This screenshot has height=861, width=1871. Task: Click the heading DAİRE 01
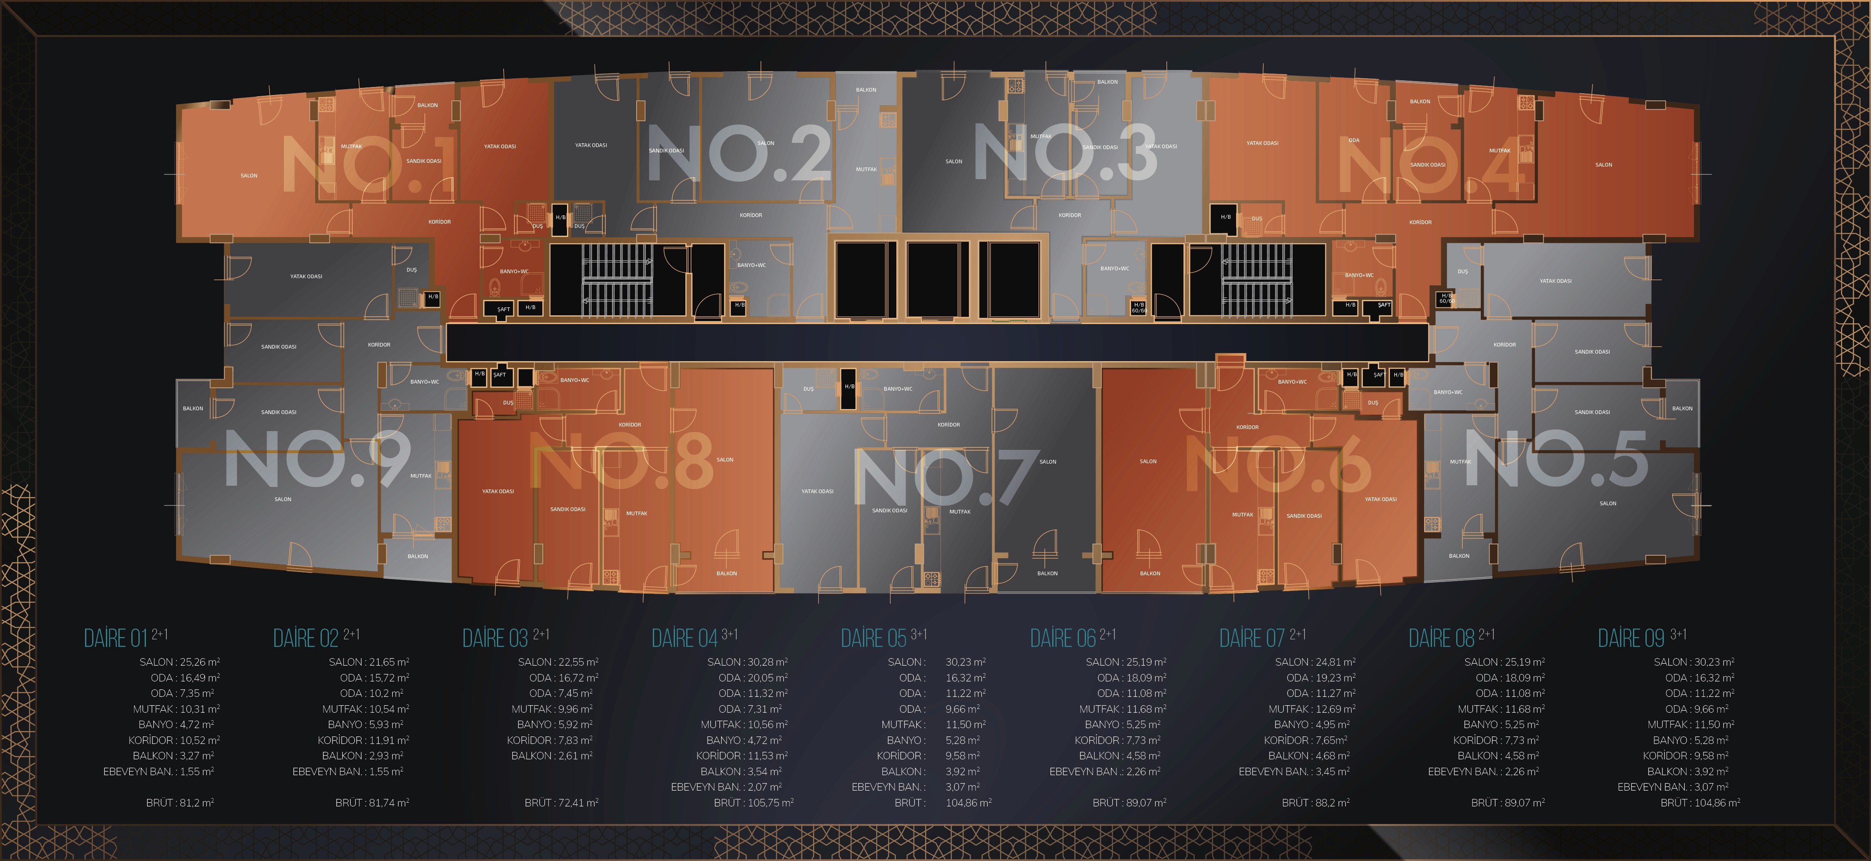tap(116, 638)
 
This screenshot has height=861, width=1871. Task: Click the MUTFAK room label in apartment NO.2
tap(866, 169)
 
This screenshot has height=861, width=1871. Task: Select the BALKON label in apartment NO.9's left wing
tap(193, 408)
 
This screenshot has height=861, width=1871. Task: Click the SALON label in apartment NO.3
tap(954, 161)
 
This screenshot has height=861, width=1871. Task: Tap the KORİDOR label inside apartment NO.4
tap(1420, 222)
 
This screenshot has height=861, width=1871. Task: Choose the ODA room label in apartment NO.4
tap(1354, 140)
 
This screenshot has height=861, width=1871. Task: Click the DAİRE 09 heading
tap(1631, 638)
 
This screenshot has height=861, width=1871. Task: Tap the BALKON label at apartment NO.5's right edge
tap(1682, 408)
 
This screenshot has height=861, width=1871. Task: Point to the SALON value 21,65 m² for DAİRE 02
tap(389, 661)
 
